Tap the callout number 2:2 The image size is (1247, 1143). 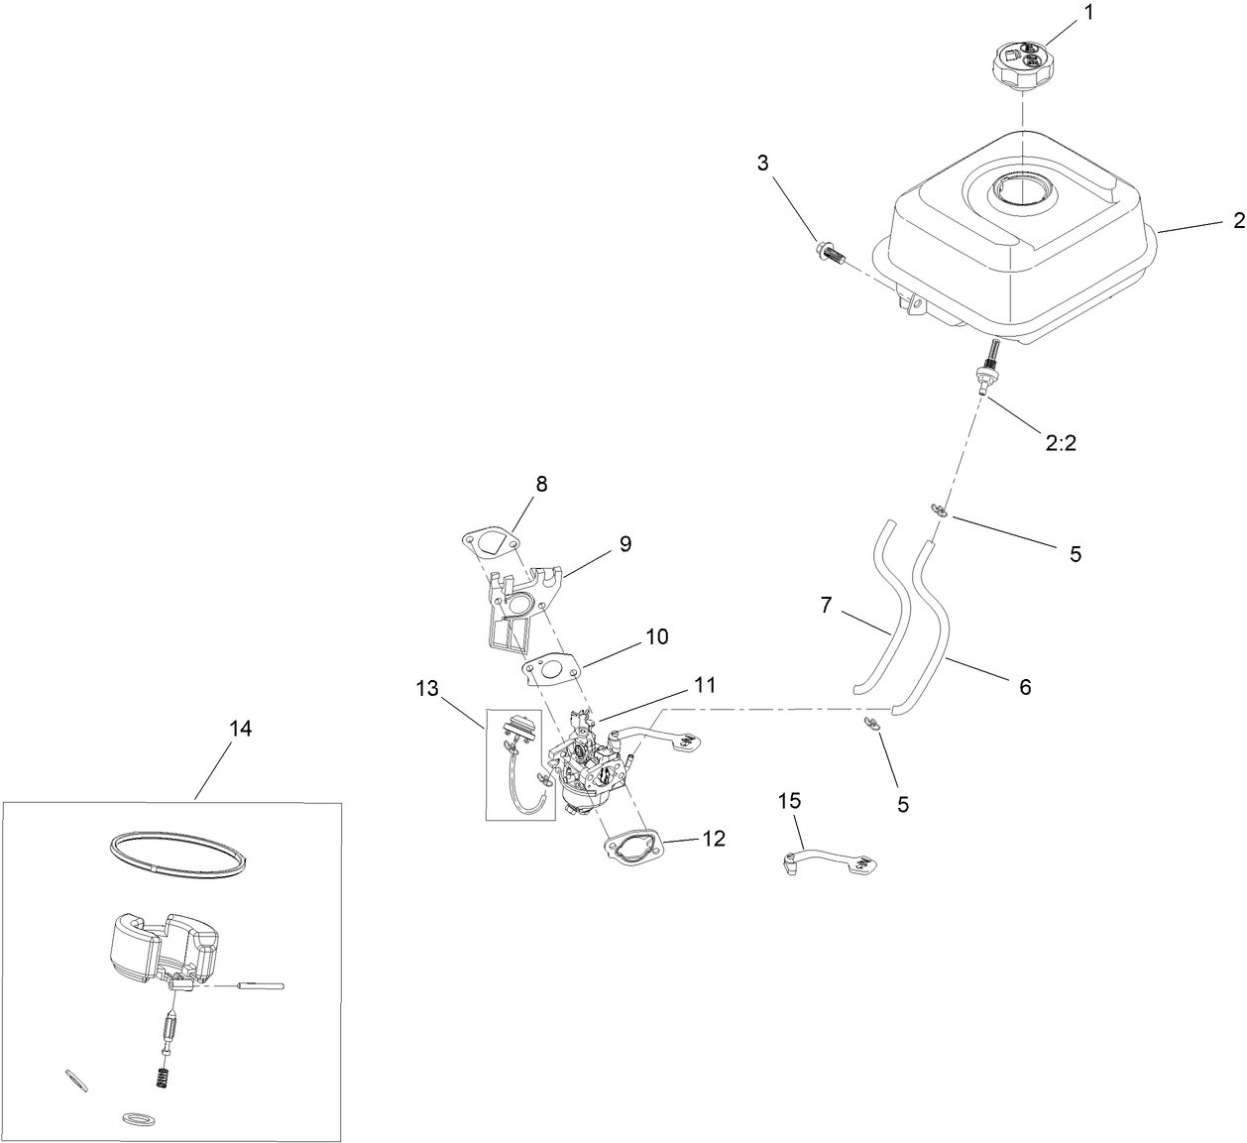coord(1061,444)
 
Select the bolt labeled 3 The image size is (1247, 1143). coord(830,252)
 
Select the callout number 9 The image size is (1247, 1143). coord(624,543)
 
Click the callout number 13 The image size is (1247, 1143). coord(426,690)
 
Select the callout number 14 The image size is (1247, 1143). coord(240,729)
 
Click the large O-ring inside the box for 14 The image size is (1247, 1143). coord(175,852)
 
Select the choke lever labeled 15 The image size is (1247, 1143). coord(825,858)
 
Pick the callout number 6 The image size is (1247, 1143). coord(1025,686)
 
